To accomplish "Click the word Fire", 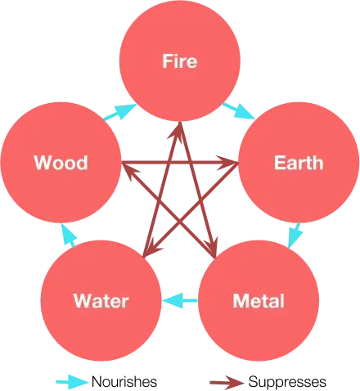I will [180, 61].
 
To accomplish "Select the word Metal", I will [259, 301].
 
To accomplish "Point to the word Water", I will [101, 301].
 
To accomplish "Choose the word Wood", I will [61, 162].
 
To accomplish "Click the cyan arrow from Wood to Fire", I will [119, 110].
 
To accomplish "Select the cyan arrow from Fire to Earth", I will [238, 110].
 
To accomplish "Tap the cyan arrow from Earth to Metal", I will [297, 236].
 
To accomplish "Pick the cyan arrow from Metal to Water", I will [180, 301].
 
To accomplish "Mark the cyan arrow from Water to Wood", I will [69, 236].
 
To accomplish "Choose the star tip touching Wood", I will [124, 164].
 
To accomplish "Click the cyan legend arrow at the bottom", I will [73, 382].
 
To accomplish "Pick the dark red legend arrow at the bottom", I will [228, 382].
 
